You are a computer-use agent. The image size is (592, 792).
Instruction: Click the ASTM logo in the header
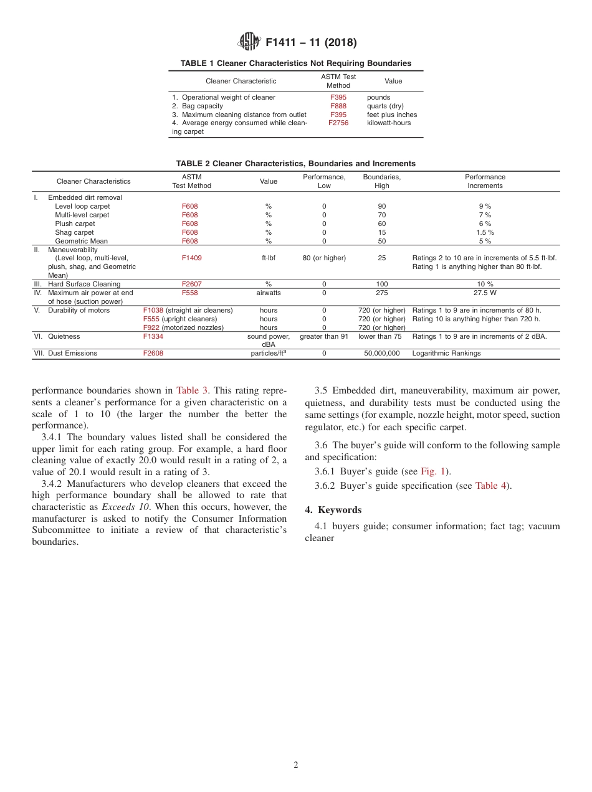[x=249, y=42]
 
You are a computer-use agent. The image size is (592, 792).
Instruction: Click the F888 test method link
[x=338, y=106]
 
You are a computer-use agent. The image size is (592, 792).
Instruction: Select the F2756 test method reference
[x=338, y=123]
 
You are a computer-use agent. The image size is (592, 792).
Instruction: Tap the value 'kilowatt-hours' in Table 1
[x=389, y=123]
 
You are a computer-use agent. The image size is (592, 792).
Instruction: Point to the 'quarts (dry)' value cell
[x=385, y=106]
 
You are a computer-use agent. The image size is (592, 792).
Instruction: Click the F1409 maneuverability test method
[x=191, y=258]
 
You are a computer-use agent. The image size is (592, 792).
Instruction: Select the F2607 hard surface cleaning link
[x=191, y=284]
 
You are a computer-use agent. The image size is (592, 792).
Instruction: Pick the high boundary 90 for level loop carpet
[x=382, y=206]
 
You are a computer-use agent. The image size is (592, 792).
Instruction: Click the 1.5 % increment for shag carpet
[x=485, y=232]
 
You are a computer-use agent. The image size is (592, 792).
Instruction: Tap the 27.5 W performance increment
[x=485, y=293]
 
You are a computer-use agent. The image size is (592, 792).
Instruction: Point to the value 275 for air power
[x=382, y=293]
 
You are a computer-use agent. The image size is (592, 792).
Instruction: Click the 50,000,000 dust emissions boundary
[x=382, y=354]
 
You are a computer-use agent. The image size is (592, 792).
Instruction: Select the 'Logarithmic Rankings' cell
[x=446, y=354]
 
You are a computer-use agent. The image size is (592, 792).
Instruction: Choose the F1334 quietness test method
[x=153, y=337]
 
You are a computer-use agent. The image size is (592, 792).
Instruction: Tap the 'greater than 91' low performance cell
[x=324, y=337]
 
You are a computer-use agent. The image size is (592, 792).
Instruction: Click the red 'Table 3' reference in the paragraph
[x=188, y=391]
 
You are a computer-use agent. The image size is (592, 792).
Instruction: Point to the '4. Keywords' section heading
[x=333, y=510]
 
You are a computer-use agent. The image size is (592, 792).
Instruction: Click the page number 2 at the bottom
[x=296, y=765]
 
